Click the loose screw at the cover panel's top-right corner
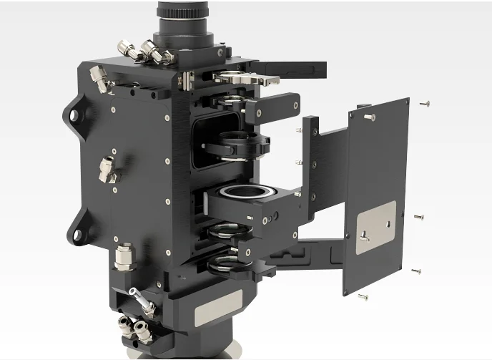(x=425, y=104)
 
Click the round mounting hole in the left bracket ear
(x=75, y=116)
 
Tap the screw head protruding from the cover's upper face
(x=368, y=116)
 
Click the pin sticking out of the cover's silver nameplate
(x=364, y=236)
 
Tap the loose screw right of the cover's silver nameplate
(x=419, y=216)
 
